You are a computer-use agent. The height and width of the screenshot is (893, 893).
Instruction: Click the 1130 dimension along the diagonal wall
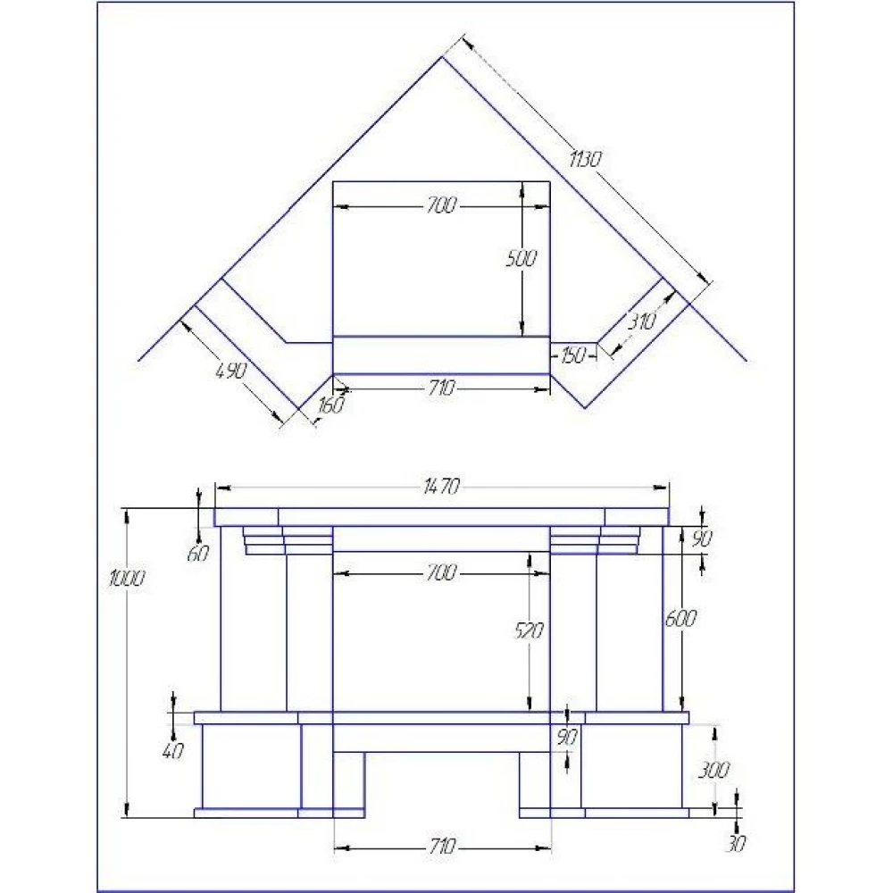[585, 160]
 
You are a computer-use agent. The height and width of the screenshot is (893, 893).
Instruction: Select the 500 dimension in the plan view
[522, 259]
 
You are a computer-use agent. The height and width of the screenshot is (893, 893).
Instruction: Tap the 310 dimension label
[642, 321]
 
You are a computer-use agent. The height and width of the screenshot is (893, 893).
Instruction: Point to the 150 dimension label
[573, 356]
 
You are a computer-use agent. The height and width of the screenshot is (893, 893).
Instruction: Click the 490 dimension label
[232, 371]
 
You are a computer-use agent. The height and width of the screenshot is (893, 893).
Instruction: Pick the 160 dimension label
[331, 405]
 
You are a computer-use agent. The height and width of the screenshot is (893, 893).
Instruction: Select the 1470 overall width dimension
[441, 487]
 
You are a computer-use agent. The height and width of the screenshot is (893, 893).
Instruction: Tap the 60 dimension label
[198, 553]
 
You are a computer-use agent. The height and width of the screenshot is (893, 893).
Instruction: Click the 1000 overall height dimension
[127, 579]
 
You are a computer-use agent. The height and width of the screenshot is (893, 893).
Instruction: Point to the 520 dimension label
[529, 630]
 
